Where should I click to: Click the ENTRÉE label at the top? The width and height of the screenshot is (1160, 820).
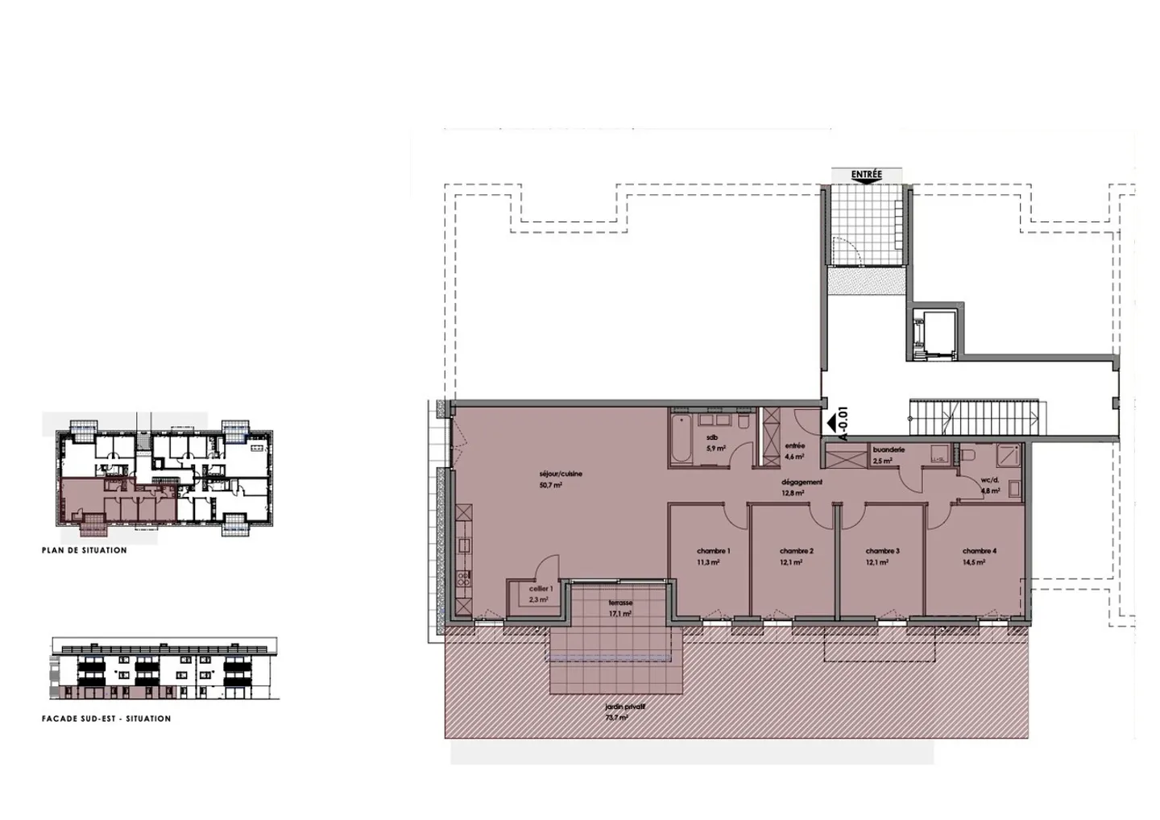(x=866, y=175)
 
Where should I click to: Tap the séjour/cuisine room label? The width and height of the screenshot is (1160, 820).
(x=561, y=474)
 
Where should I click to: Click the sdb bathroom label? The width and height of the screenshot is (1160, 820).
(x=712, y=437)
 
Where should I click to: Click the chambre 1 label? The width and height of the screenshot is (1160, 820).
(x=713, y=552)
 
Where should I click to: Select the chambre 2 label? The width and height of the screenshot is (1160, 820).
(x=796, y=552)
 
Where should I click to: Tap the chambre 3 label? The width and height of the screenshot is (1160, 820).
(x=882, y=552)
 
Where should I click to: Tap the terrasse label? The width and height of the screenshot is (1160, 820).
(x=620, y=603)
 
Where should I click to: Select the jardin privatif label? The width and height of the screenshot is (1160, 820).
(x=626, y=706)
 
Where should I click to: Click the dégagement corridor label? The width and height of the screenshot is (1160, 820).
(x=801, y=482)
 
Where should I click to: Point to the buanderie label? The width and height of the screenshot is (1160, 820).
(x=889, y=449)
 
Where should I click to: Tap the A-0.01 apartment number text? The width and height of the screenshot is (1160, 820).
(x=843, y=424)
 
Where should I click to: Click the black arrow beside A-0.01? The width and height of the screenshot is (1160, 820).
(x=829, y=422)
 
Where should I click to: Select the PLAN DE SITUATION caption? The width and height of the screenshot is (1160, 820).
(x=84, y=551)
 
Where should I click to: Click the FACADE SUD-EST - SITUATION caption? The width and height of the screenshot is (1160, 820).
(x=106, y=719)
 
